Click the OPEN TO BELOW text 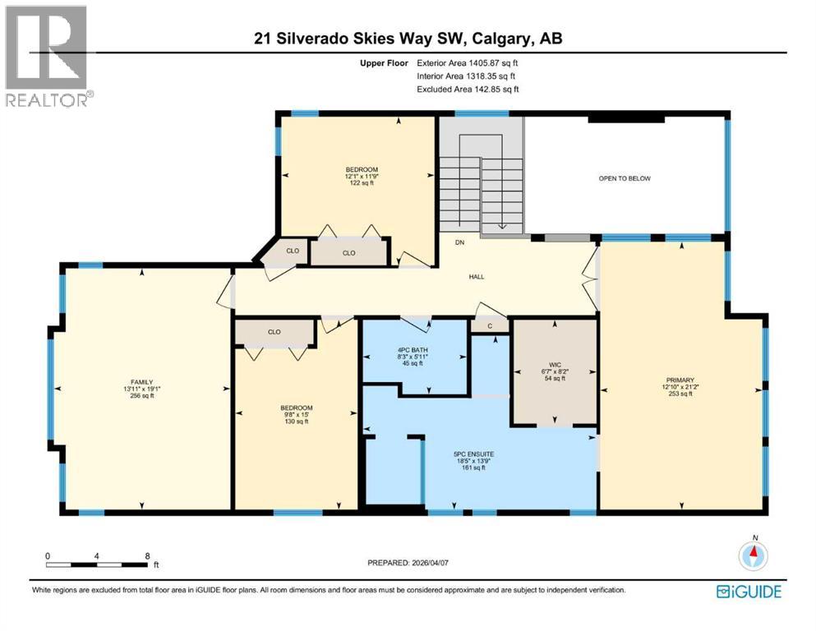(625, 178)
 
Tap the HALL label (476, 277)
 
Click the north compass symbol (752, 556)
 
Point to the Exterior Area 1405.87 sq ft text (468, 62)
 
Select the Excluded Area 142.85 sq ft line (468, 90)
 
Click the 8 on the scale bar (146, 556)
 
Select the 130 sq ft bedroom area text (296, 421)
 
